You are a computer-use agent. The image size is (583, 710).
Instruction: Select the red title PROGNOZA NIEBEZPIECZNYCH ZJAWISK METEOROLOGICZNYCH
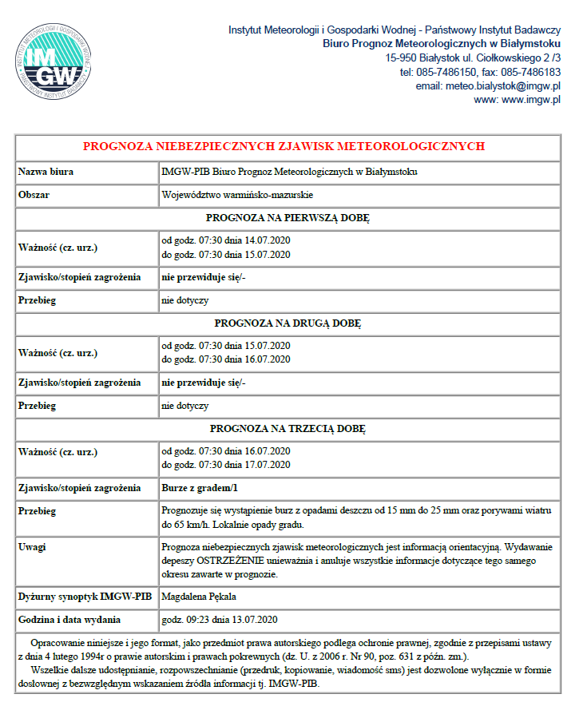pos(284,147)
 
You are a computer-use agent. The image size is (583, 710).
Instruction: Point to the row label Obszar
pos(34,195)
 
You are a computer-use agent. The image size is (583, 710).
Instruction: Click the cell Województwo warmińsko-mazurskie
pos(237,195)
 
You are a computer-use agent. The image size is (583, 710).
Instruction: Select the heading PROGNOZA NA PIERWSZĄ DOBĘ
pos(288,217)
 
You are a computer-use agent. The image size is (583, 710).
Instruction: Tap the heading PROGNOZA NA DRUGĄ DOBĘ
pos(288,323)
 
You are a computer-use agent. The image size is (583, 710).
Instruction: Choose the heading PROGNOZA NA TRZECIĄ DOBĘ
pos(288,429)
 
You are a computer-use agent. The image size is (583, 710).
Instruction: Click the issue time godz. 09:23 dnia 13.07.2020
pos(219,620)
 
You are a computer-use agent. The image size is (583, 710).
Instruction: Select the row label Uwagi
pos(32,548)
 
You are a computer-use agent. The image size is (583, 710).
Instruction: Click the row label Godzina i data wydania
pos(69,620)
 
